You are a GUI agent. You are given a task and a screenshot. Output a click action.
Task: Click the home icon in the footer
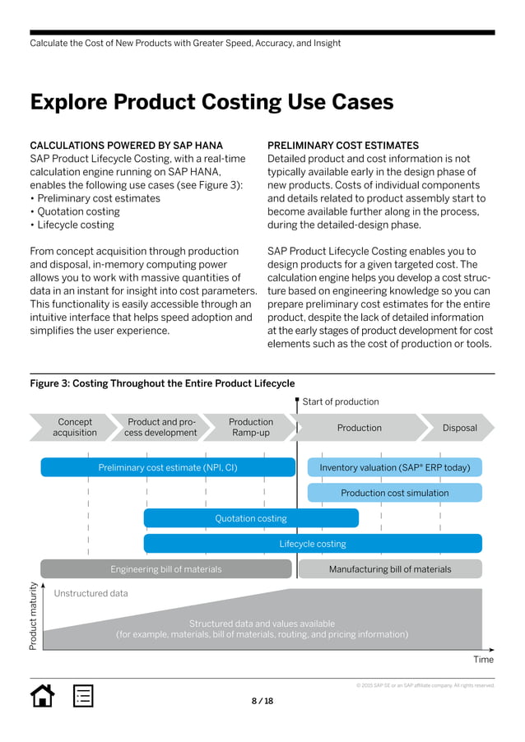[x=42, y=695]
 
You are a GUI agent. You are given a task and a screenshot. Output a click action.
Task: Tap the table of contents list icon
[x=83, y=695]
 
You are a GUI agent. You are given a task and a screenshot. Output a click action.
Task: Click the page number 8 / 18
[x=262, y=701]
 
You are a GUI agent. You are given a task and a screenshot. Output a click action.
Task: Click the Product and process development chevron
[x=160, y=427]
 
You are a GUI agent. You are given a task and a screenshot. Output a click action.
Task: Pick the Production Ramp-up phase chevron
[x=250, y=427]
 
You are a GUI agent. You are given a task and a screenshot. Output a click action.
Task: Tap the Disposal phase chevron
[x=459, y=428]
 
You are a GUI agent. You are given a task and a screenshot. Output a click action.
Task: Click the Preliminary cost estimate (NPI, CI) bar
[x=168, y=467]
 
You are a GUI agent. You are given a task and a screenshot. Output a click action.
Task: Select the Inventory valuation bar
[x=395, y=467]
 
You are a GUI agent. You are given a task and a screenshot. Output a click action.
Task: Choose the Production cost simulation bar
[x=395, y=493]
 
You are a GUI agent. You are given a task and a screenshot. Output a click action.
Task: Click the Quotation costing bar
[x=251, y=518]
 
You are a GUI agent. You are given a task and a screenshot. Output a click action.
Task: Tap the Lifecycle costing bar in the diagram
[x=313, y=544]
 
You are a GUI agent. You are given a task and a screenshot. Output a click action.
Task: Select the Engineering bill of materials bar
[x=166, y=568]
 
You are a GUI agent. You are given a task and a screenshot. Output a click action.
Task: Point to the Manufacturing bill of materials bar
[x=390, y=568]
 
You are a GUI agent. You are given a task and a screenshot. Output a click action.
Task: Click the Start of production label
[x=341, y=401]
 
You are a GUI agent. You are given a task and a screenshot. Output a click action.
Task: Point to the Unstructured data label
[x=91, y=593]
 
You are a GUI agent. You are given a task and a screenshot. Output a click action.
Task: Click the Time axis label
[x=484, y=659]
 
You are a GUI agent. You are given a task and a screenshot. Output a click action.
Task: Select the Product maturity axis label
[x=34, y=617]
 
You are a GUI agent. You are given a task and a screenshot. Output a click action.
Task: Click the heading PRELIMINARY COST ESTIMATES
[x=343, y=146]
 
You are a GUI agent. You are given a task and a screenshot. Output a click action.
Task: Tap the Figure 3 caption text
[x=162, y=383]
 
